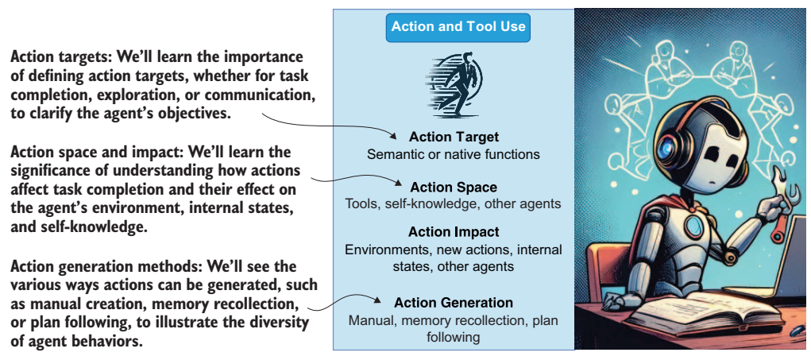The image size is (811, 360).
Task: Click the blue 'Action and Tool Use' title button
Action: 458,27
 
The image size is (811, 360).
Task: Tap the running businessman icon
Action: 454,83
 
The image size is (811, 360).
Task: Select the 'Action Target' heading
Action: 454,137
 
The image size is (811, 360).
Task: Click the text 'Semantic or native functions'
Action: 453,154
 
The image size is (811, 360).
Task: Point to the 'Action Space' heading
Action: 453,187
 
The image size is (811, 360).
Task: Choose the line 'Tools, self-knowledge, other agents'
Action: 453,203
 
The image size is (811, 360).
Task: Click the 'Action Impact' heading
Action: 454,232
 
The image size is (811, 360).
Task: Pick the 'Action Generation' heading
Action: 454,303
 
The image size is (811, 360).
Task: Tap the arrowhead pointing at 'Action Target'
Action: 392,137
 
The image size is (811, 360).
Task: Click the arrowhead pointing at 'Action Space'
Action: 396,184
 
